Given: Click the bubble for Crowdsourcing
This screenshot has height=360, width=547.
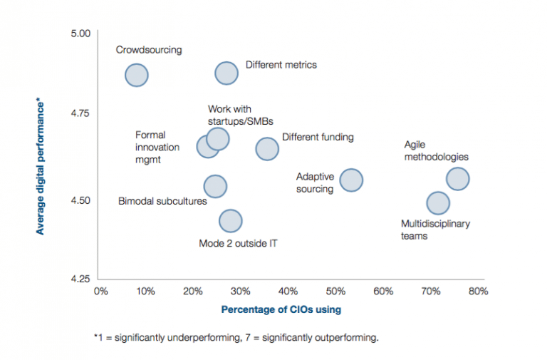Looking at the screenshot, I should point(137,75).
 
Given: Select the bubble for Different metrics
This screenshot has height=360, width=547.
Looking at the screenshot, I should point(226,73).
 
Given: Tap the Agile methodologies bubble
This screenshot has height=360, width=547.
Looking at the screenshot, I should point(457,179).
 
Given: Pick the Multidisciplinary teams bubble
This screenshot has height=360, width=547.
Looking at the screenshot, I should point(437,203).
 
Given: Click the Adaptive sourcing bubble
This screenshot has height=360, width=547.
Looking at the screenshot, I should point(351,180).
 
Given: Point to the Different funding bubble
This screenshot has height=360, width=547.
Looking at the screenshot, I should point(267,149).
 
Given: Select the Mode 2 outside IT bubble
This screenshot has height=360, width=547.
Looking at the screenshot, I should point(231,221).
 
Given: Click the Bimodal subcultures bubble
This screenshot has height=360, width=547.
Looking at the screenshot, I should point(215,187).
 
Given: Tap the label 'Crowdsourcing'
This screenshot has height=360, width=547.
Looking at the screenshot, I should point(149,50).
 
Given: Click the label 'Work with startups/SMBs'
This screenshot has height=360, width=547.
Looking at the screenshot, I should point(240,115).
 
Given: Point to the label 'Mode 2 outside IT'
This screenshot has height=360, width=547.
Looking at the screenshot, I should point(238,243).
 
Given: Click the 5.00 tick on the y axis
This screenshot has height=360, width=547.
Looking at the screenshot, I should point(80,34).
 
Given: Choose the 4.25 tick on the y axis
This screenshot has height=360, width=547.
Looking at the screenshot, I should point(80,278).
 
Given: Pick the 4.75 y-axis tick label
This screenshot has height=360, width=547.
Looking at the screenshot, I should point(80,113).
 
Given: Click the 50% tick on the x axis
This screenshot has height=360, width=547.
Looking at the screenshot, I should point(335,291).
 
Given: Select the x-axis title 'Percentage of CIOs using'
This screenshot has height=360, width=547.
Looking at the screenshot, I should point(281,309).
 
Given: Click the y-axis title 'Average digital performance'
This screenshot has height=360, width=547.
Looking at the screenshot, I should point(41,167).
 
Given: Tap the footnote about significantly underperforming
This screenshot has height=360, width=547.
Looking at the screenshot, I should point(236,338).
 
